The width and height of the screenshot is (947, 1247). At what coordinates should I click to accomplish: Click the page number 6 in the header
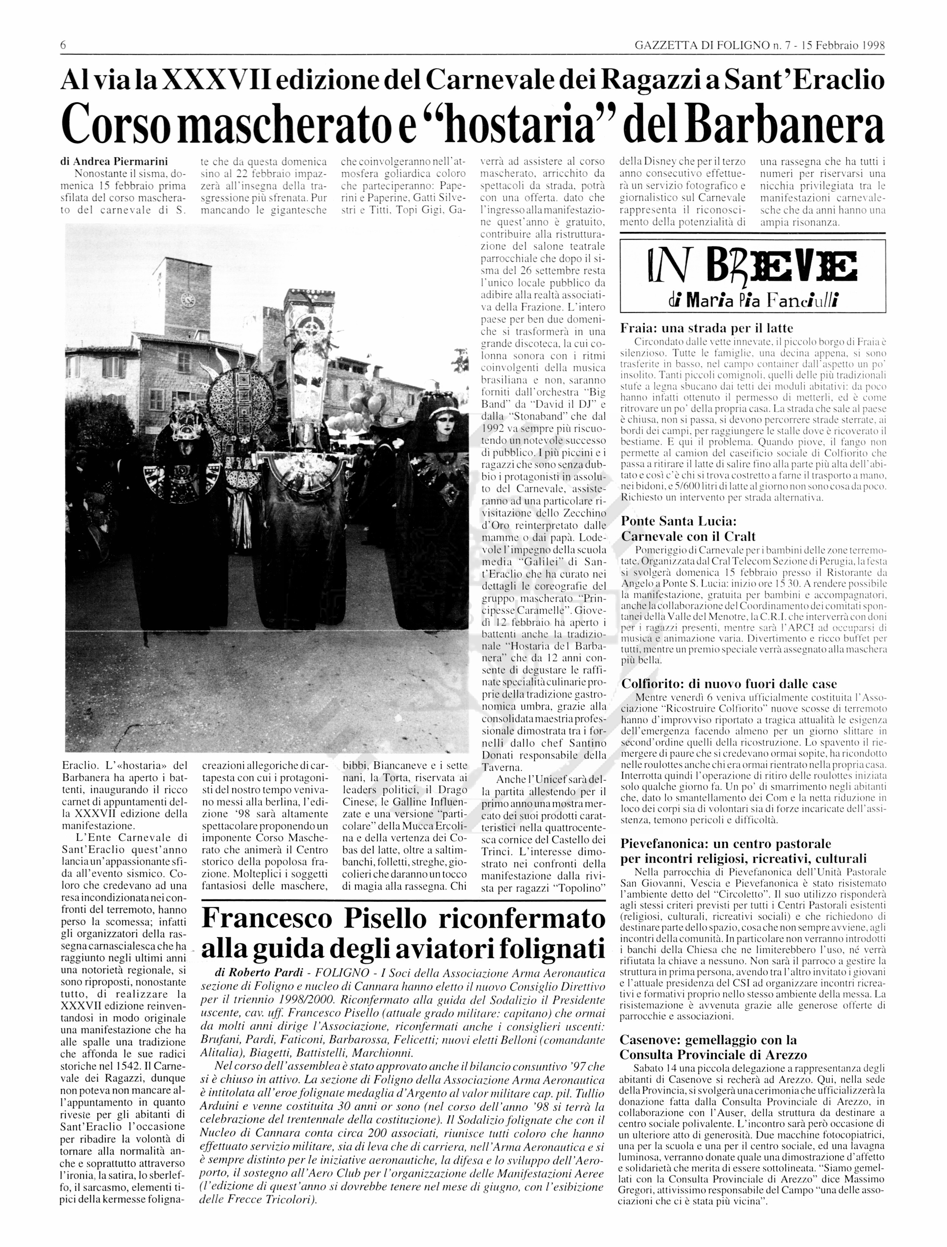(63, 45)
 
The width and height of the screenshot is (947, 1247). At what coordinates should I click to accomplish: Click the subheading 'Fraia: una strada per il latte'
(706, 328)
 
